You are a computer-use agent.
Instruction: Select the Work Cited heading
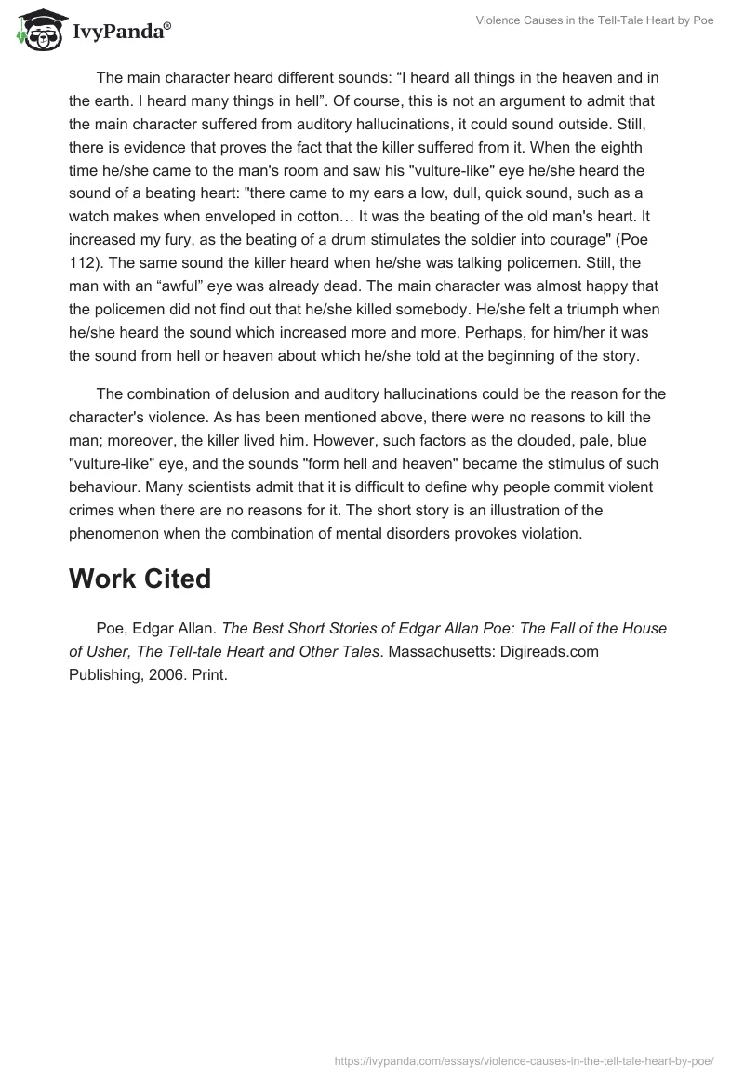(x=139, y=579)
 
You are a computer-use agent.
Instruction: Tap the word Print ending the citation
(x=210, y=675)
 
